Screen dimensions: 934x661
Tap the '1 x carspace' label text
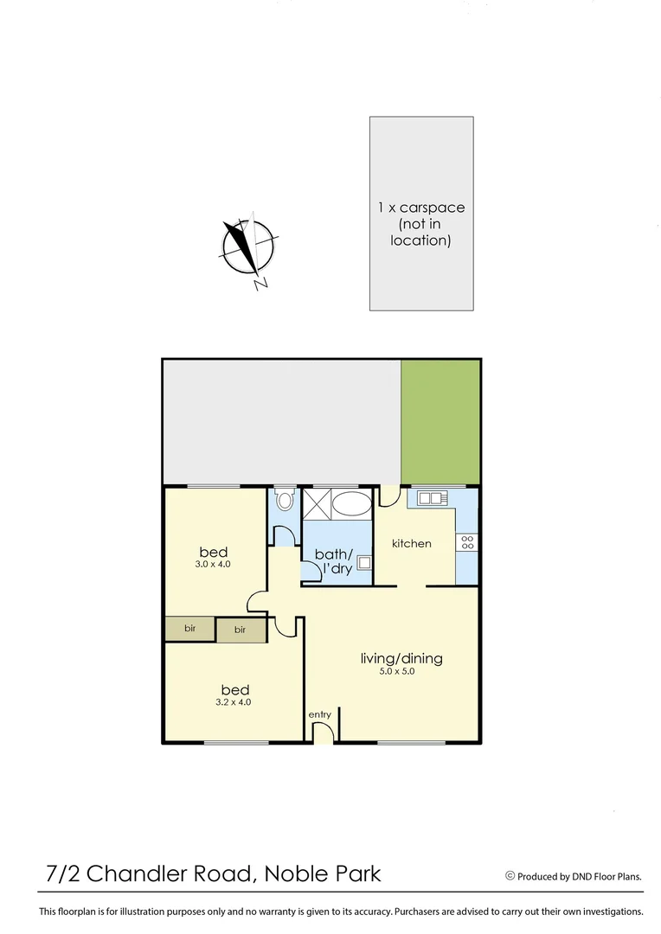421,208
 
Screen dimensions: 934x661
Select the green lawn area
440,422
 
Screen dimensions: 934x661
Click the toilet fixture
285,501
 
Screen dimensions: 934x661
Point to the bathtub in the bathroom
351,503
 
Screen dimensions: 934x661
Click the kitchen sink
431,497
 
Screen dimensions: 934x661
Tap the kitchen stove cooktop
467,542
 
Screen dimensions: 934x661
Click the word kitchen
411,543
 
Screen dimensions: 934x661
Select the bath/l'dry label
334,561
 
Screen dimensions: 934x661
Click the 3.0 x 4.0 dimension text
213,564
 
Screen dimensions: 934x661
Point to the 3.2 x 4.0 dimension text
234,702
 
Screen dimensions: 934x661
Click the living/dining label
401,658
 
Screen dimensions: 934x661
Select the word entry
320,714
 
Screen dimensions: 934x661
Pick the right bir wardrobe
240,630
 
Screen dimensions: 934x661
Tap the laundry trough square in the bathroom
364,561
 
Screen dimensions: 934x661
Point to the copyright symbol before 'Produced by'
510,875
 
